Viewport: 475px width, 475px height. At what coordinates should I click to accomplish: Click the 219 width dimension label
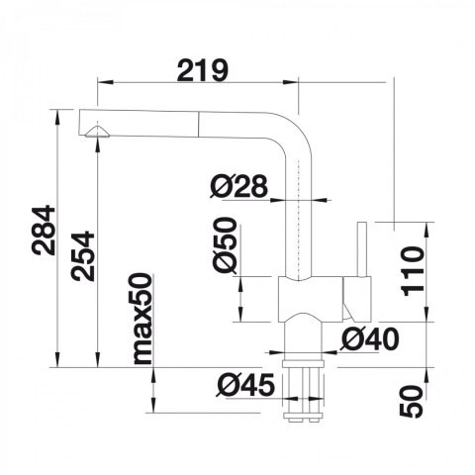coord(203,70)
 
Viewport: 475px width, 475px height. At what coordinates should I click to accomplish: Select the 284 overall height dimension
coord(44,230)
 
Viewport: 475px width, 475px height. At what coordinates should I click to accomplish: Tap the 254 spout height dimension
coord(83,256)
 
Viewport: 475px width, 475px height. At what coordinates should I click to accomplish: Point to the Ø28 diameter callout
coord(238,186)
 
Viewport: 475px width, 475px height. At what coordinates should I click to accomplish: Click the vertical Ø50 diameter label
coord(225,244)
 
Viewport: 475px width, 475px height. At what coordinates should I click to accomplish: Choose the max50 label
coord(143,319)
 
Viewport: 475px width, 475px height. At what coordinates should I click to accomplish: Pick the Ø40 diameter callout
coord(370,339)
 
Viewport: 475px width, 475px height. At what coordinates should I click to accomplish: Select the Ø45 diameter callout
coord(245,385)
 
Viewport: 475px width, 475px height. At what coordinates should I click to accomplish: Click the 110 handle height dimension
coord(412,271)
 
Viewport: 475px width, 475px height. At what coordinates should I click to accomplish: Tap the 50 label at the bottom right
coord(411,401)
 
